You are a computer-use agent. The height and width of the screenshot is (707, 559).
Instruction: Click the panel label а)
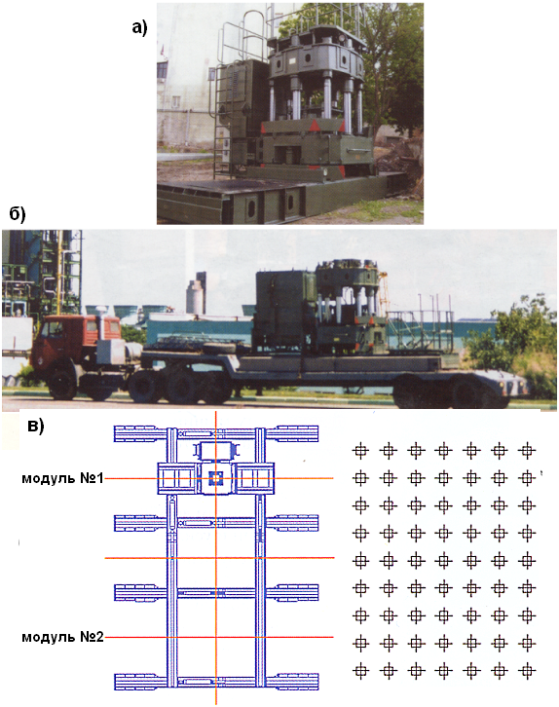139,27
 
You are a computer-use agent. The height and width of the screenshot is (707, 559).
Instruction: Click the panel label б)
18,213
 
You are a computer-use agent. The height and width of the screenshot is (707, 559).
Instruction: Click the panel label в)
36,426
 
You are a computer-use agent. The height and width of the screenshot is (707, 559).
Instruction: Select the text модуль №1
62,478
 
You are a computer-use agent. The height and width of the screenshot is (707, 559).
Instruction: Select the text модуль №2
62,637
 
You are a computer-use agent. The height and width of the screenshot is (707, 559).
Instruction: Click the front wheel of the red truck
61,385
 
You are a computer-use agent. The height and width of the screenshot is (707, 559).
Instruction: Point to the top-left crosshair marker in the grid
360,450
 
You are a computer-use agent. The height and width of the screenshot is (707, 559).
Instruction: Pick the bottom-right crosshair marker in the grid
527,671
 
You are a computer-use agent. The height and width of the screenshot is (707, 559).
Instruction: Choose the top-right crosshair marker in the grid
527,450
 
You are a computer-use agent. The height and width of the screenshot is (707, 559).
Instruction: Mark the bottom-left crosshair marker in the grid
360,671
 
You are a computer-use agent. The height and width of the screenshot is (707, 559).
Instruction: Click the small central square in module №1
216,478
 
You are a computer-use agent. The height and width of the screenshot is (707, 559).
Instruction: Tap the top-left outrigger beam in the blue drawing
140,433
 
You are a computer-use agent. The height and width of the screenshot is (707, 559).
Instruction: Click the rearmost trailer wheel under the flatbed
472,391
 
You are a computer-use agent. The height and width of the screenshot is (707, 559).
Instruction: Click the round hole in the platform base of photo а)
251,206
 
